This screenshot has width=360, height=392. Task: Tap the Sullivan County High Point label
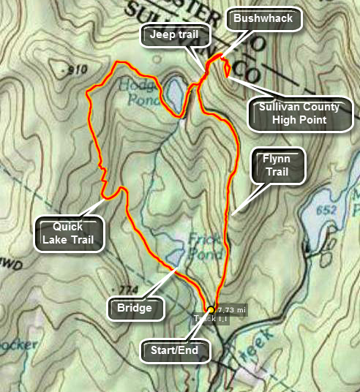point(299,113)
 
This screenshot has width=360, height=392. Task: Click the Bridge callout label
point(134,308)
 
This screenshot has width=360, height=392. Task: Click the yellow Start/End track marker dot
point(211,309)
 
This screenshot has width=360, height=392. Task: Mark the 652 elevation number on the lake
point(327,211)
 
